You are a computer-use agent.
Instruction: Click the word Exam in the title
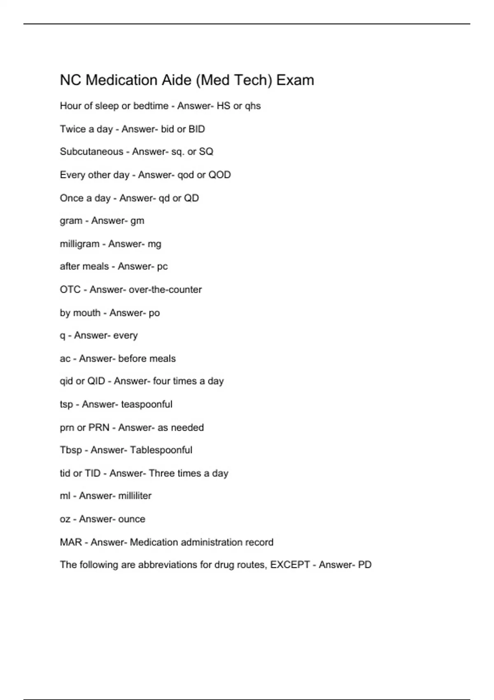tap(295, 80)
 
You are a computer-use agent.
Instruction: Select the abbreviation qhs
tap(253, 106)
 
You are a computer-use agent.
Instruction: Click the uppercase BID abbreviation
tap(196, 129)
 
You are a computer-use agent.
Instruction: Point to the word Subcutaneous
tap(91, 152)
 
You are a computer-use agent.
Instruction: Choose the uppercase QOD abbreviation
tap(219, 175)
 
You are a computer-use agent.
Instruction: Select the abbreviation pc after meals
tap(162, 267)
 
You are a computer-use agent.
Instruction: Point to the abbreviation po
tap(154, 313)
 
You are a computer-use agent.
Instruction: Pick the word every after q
tap(125, 336)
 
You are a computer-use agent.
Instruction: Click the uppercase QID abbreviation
tap(96, 381)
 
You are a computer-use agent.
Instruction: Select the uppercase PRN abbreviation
tap(99, 427)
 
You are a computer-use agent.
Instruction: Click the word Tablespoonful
tap(161, 450)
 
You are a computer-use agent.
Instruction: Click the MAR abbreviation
tap(71, 542)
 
